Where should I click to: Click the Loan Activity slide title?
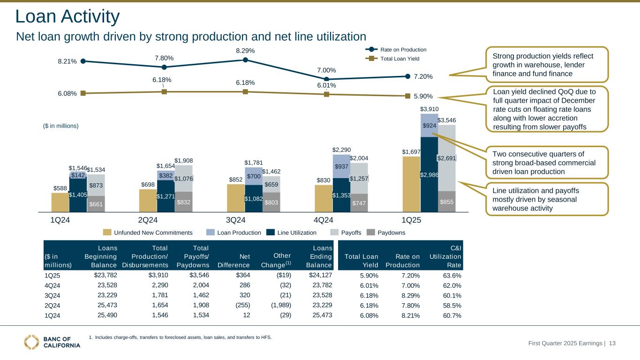[68, 17]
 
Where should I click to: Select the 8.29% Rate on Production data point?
[245, 60]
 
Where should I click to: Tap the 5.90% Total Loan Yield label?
[422, 96]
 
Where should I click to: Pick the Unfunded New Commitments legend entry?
[148, 232]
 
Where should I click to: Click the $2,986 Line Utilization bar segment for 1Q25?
[429, 174]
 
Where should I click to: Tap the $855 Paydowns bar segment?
[447, 202]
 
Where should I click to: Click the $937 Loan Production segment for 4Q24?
[341, 166]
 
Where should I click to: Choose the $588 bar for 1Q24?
[60, 202]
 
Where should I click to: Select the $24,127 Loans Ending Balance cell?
[320, 275]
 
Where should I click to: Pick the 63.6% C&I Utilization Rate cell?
[452, 275]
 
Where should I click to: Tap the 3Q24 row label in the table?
[53, 295]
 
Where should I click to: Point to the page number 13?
[612, 344]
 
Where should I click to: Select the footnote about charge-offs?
[180, 337]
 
